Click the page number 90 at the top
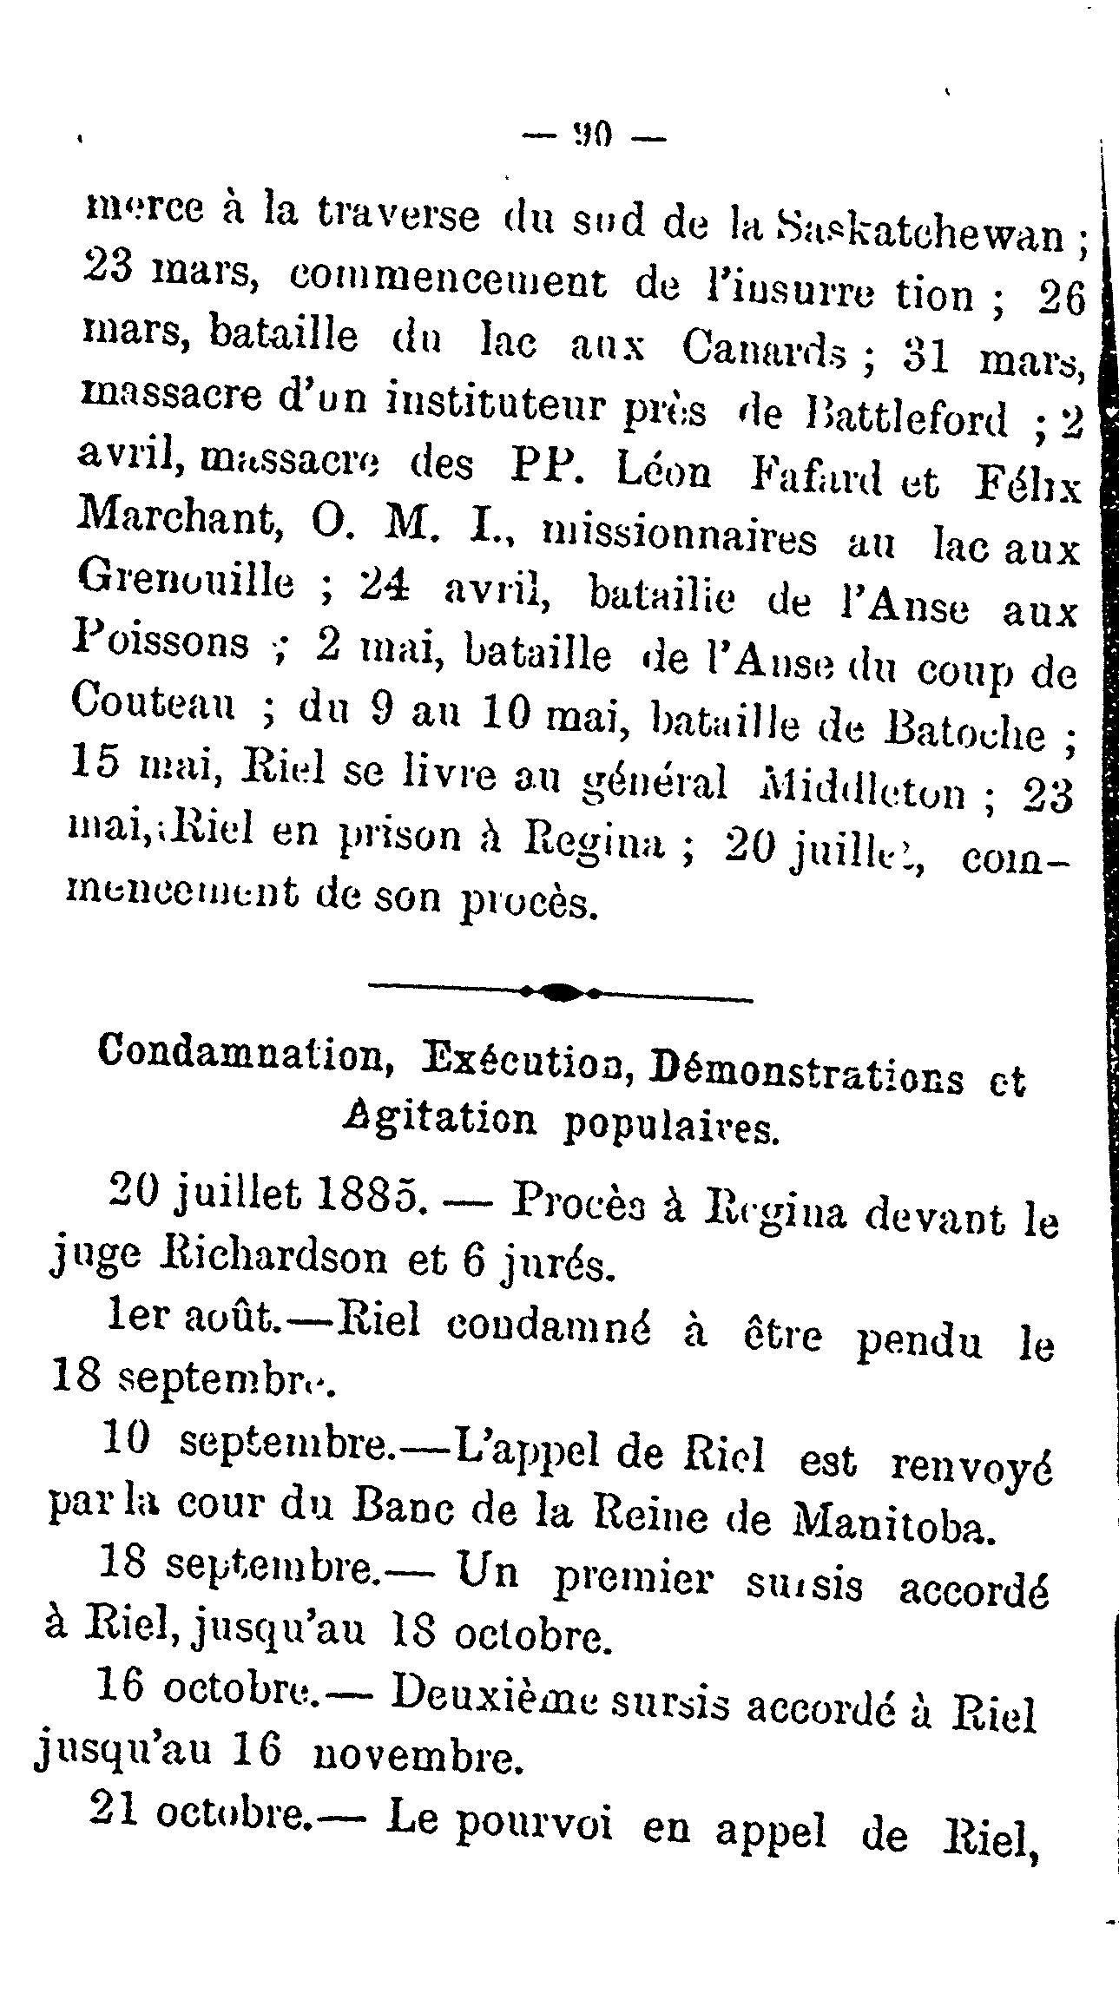(596, 135)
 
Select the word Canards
(764, 348)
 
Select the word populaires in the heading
(672, 1128)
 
